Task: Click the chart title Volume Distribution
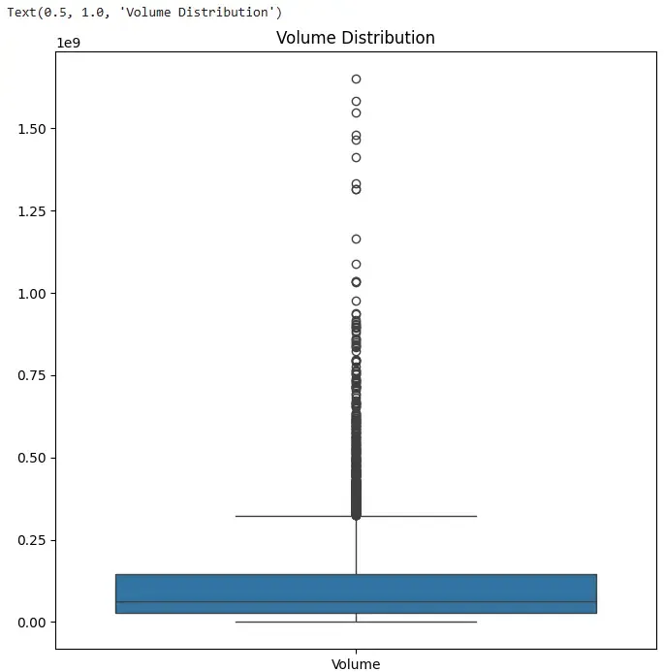point(355,38)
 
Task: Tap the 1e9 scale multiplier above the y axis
point(70,43)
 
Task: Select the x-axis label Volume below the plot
point(356,664)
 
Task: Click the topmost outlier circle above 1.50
point(356,79)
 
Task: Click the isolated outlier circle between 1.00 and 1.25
point(356,239)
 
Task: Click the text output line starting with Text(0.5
point(144,12)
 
